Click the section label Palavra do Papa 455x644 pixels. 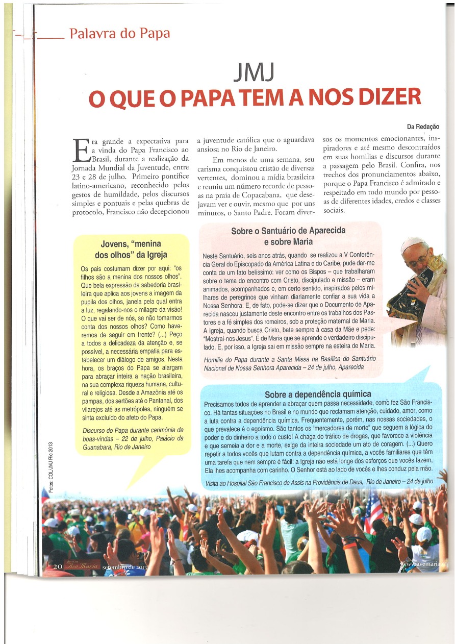(119, 34)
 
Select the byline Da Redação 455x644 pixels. (423, 127)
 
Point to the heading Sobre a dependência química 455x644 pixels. (318, 394)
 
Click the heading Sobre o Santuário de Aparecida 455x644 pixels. (288, 231)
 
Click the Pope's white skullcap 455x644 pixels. (413, 244)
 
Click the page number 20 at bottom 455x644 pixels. (58, 566)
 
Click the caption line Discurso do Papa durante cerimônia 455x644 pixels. (133, 431)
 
